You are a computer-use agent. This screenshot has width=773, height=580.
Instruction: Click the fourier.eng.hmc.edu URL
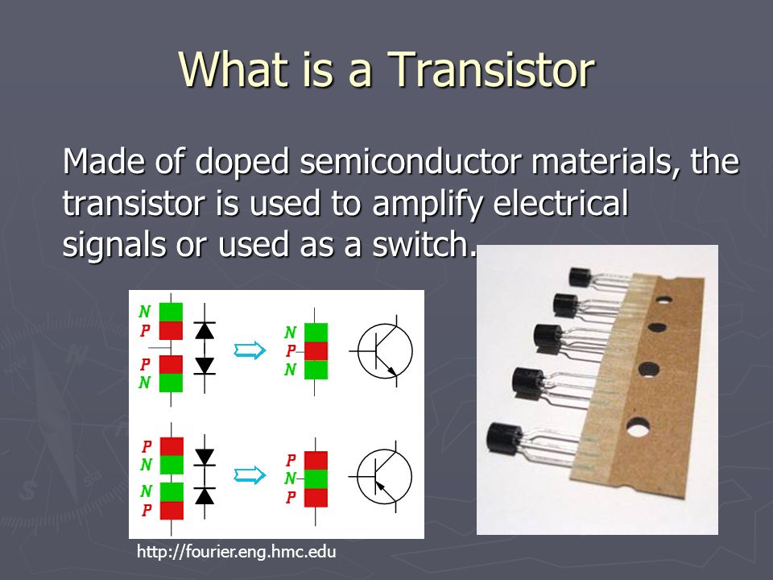pyautogui.click(x=236, y=551)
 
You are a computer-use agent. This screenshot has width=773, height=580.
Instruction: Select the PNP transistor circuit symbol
pyautogui.click(x=382, y=476)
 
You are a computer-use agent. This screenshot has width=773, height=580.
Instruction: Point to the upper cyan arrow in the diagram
pyautogui.click(x=250, y=350)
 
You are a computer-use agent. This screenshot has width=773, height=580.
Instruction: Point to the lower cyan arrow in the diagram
pyautogui.click(x=250, y=475)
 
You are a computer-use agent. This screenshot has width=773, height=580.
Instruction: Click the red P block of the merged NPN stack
pyautogui.click(x=316, y=351)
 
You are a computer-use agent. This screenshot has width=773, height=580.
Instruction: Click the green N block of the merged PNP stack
pyautogui.click(x=316, y=478)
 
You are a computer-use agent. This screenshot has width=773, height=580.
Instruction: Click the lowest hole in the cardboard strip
pyautogui.click(x=638, y=427)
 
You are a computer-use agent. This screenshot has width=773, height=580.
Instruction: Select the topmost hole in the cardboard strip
pyautogui.click(x=663, y=299)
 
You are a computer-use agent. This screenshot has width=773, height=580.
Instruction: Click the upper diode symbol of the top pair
pyautogui.click(x=205, y=330)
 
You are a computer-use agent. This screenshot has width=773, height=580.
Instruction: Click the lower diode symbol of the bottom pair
pyautogui.click(x=205, y=495)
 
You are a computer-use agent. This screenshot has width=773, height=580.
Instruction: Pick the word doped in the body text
pyautogui.click(x=242, y=162)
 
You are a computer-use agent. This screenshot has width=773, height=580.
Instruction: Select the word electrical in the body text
pyautogui.click(x=561, y=202)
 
